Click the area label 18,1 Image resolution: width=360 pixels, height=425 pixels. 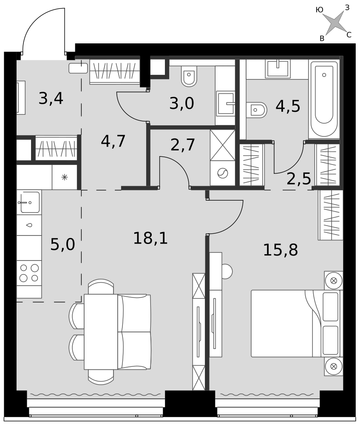(150, 238)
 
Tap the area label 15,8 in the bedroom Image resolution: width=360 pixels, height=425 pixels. (281, 250)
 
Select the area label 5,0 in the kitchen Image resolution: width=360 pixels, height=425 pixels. (62, 244)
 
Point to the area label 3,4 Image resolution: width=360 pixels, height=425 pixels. (51, 98)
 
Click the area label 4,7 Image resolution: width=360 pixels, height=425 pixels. (113, 141)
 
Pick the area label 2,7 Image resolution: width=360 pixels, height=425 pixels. (183, 145)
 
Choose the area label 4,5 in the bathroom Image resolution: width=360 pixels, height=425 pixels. (288, 106)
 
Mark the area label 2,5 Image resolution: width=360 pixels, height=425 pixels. (299, 178)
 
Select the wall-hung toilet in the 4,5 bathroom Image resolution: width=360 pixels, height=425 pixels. (256, 110)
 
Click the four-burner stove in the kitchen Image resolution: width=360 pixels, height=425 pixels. (29, 273)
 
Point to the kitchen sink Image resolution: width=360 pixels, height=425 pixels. (29, 202)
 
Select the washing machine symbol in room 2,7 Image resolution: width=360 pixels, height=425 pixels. (223, 173)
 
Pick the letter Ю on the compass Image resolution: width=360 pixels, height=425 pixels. (320, 10)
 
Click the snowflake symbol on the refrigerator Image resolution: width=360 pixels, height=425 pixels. (65, 178)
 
